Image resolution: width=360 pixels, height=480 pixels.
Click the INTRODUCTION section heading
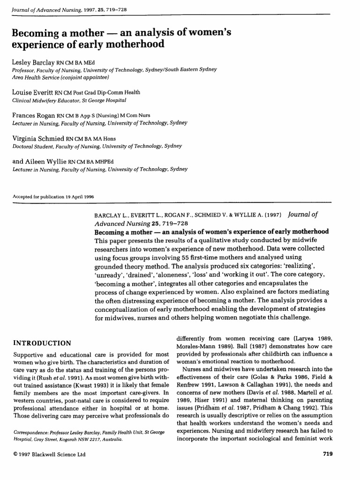click(x=42, y=343)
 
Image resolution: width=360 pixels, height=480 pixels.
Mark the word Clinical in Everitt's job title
click(x=22, y=99)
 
